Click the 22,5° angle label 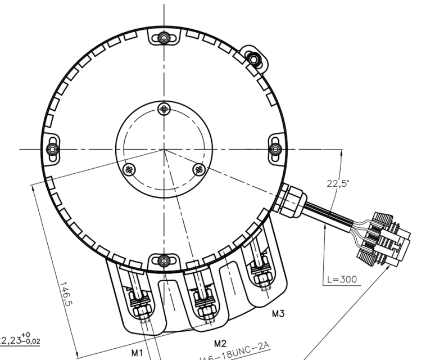pos(337,183)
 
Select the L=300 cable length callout pos(341,279)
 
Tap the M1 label pos(138,353)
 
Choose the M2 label pos(220,343)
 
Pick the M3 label pos(278,314)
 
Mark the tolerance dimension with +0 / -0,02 pos(20,340)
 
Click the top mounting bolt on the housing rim pos(164,38)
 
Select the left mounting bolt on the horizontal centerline pos(52,149)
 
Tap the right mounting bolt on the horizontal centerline pos(275,149)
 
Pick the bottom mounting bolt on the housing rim pos(164,260)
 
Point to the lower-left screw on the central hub pos(129,169)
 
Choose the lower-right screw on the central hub pos(198,169)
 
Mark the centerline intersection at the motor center pos(164,150)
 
